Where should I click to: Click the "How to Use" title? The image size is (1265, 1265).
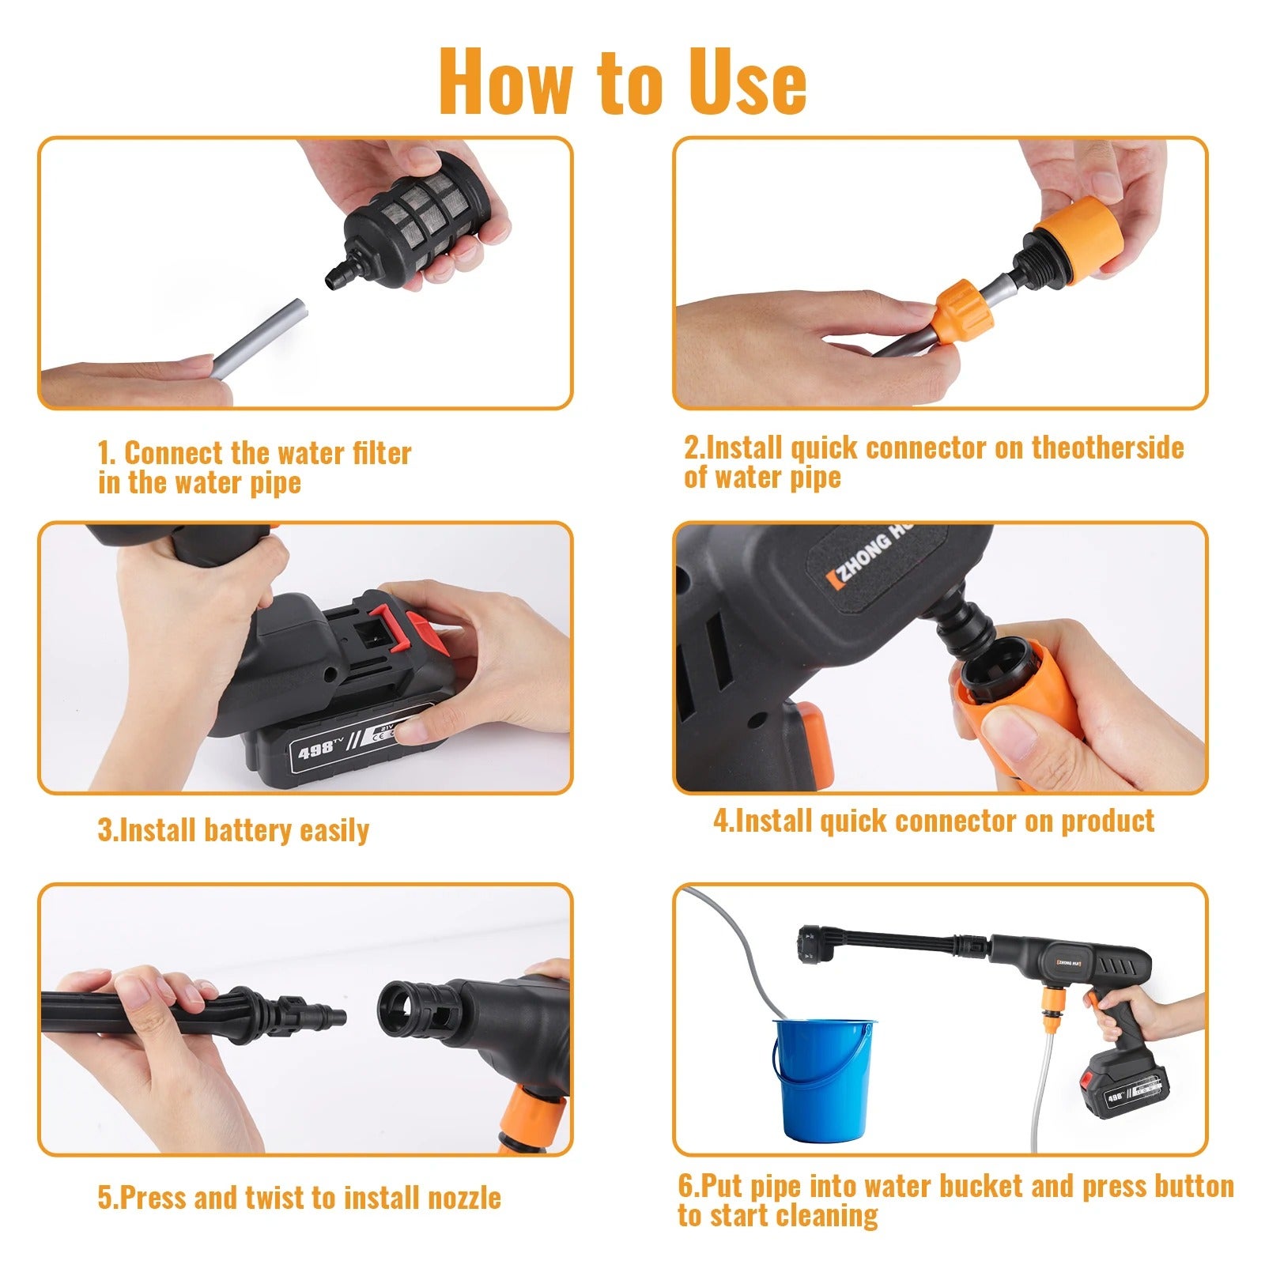(623, 81)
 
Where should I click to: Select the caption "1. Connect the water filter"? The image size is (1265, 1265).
(255, 453)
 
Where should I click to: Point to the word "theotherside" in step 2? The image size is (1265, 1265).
(1108, 447)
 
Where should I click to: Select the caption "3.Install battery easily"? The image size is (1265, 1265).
(233, 830)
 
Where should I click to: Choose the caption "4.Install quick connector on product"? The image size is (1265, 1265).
(934, 821)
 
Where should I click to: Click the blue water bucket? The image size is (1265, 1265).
(823, 1080)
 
